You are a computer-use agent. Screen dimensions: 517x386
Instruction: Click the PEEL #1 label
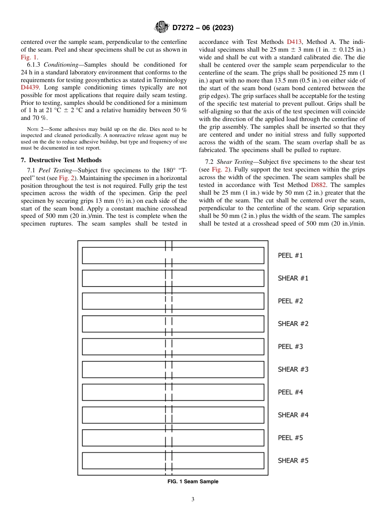click(x=290, y=256)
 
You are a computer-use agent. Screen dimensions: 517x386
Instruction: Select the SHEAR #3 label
click(x=293, y=369)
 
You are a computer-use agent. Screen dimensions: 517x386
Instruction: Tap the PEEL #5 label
click(x=290, y=438)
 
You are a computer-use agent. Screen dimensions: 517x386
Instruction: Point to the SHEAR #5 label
click(x=293, y=461)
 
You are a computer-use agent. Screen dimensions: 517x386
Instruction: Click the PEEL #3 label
click(x=290, y=347)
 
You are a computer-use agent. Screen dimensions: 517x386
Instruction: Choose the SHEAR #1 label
click(x=293, y=278)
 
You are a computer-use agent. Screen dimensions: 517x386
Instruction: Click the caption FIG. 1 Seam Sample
click(x=193, y=482)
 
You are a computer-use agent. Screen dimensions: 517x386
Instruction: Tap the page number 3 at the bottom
click(x=193, y=500)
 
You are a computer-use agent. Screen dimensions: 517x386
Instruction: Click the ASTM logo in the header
click(x=161, y=28)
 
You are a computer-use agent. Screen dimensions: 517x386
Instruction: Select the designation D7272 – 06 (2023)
click(x=203, y=28)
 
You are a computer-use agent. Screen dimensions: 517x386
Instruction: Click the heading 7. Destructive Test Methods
click(x=61, y=160)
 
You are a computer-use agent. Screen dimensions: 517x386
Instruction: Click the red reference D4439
click(x=30, y=87)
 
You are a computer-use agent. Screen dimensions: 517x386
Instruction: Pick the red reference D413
click(x=294, y=42)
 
